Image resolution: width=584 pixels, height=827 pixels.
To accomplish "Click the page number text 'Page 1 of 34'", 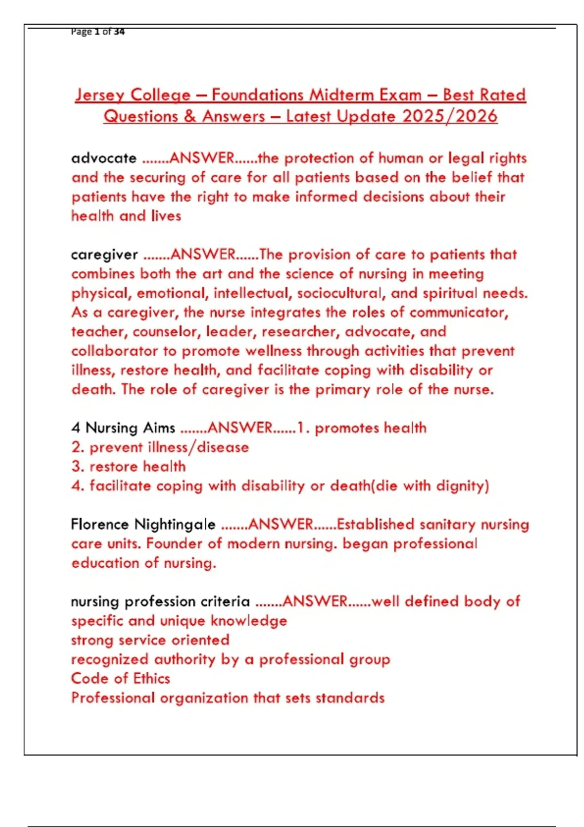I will tap(97, 32).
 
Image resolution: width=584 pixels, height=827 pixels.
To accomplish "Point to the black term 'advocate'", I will tap(104, 158).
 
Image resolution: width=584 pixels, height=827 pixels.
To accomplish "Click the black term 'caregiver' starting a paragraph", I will tap(105, 255).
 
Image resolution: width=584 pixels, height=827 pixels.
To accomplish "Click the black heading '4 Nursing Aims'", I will tap(123, 428).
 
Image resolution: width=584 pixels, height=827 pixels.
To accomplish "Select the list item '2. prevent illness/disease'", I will tap(160, 448).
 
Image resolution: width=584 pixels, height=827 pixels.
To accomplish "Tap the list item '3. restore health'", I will tap(128, 467).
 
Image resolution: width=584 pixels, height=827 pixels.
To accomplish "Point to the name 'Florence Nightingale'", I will tap(143, 524).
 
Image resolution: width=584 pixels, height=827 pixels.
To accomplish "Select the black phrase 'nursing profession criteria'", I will tap(160, 602).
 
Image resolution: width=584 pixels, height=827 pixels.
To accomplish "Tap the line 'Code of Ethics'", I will tap(121, 679).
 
